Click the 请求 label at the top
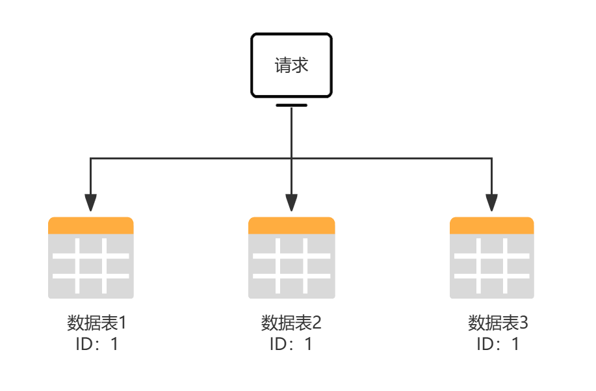(x=291, y=66)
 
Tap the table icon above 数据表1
(x=91, y=258)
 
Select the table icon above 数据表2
(x=291, y=258)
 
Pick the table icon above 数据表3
(x=492, y=258)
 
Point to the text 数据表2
(x=291, y=323)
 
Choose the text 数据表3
(x=498, y=323)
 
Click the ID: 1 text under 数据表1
(x=96, y=344)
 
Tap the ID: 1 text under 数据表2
(x=291, y=344)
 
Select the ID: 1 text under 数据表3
(x=498, y=344)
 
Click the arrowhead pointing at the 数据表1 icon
(x=90, y=204)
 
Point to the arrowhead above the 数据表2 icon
(x=291, y=204)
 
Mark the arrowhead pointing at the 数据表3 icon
(x=492, y=204)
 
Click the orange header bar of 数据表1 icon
(x=91, y=225)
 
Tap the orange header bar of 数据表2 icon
(x=291, y=225)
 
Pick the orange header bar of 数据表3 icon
(x=492, y=225)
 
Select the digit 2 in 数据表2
(x=317, y=323)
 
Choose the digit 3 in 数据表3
(x=524, y=323)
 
